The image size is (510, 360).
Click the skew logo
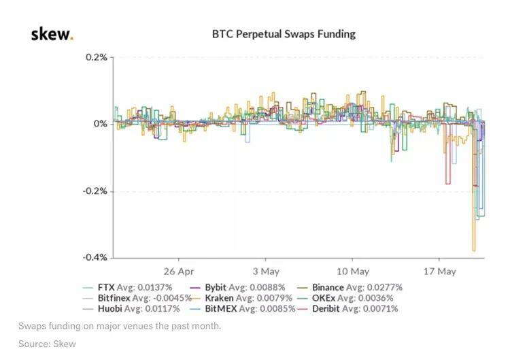[52, 34]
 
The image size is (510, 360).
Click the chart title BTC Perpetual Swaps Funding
[284, 34]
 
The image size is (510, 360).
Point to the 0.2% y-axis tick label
[97, 57]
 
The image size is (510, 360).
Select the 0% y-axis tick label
[100, 124]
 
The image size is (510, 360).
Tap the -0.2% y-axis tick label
[95, 191]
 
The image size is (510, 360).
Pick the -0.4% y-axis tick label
[95, 257]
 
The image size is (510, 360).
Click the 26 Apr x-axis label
[179, 272]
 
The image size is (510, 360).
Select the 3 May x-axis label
[266, 272]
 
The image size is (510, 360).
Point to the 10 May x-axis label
[352, 272]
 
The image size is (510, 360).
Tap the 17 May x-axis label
[439, 272]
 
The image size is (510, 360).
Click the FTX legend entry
[128, 287]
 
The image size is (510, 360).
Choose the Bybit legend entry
[237, 287]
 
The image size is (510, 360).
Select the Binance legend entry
[350, 287]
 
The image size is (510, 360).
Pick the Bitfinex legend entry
[137, 298]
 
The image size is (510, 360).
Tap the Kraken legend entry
[241, 298]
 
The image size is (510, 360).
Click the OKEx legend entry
[345, 298]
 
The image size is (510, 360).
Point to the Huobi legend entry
[131, 309]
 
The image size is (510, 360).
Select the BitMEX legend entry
[242, 309]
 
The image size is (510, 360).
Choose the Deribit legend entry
[347, 309]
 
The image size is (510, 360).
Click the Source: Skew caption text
[47, 344]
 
